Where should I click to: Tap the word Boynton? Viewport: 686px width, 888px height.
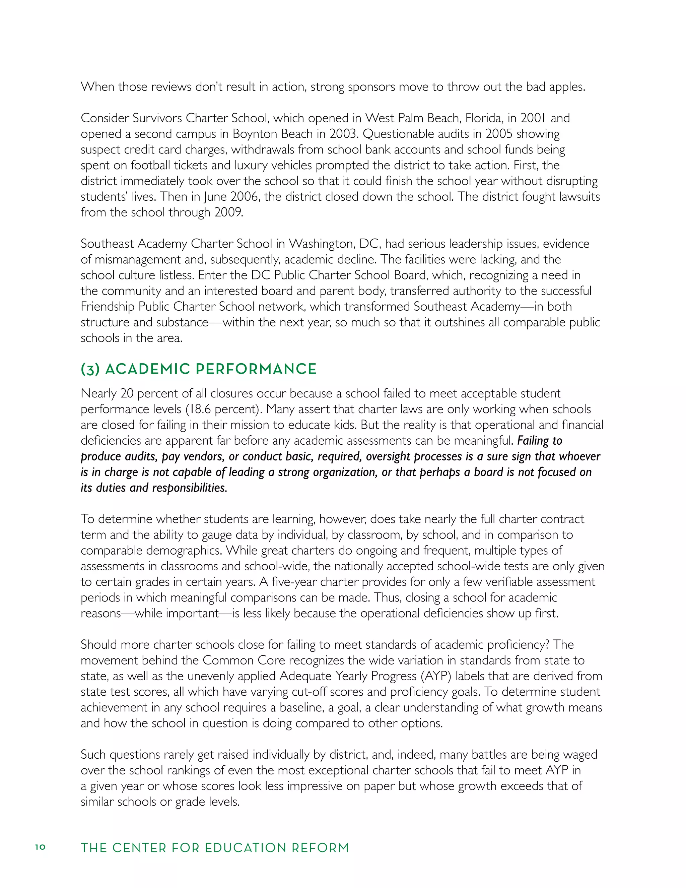pos(255,134)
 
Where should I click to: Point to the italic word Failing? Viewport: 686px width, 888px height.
pos(534,440)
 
